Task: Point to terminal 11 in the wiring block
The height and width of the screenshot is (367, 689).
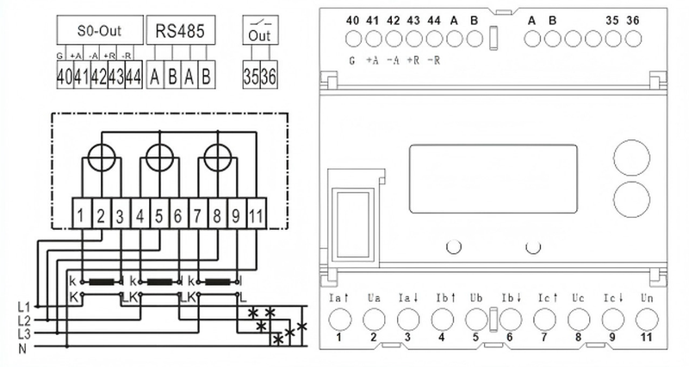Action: click(x=256, y=212)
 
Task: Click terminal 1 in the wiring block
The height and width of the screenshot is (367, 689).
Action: click(x=79, y=212)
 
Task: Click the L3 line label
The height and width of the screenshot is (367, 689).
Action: click(x=23, y=333)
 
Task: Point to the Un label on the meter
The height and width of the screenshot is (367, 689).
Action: click(x=647, y=298)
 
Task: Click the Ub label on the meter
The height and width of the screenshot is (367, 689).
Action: click(x=475, y=298)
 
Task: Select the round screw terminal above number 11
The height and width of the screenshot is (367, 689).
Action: click(x=647, y=320)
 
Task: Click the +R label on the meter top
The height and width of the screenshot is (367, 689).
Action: click(x=414, y=59)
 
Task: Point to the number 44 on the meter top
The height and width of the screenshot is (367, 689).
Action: click(x=434, y=20)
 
